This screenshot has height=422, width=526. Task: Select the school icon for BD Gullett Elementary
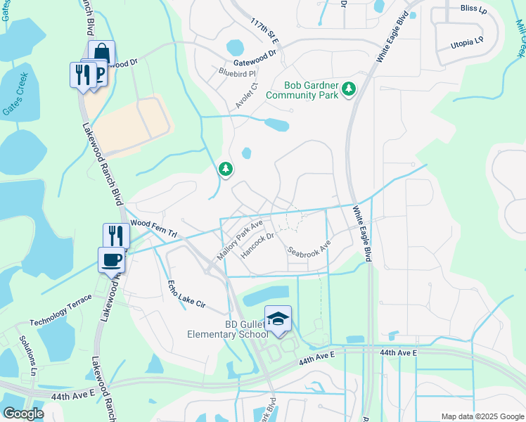278,319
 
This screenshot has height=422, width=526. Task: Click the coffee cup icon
112,260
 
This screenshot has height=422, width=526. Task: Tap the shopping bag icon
102,53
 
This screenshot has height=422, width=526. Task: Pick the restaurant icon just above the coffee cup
116,235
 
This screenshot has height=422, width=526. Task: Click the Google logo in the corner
23,414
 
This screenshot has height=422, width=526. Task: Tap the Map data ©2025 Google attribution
482,416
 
